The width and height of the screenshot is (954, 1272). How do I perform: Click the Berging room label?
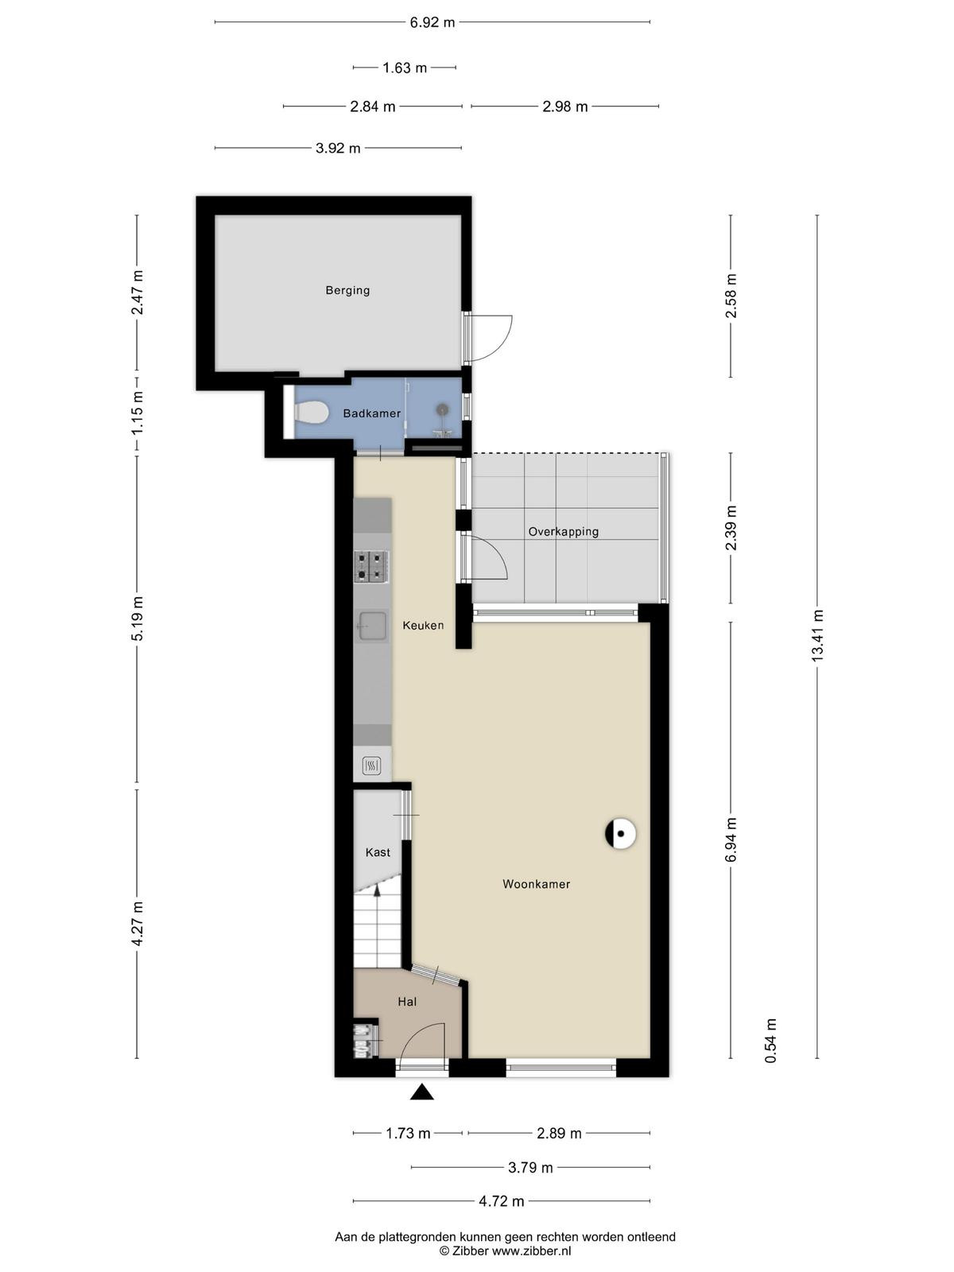tap(347, 290)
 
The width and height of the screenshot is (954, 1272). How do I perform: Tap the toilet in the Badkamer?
tap(311, 413)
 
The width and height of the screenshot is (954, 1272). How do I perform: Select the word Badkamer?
tap(372, 413)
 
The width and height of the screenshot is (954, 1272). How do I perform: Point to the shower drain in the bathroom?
tap(443, 409)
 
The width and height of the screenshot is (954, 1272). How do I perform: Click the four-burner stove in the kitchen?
tap(371, 567)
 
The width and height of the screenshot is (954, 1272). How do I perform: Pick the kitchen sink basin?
tap(372, 626)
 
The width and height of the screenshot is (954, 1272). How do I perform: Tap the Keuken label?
tap(424, 626)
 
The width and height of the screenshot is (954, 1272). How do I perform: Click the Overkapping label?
tap(563, 531)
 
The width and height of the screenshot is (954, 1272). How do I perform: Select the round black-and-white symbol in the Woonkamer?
tap(620, 835)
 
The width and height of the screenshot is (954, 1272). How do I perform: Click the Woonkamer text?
tap(537, 884)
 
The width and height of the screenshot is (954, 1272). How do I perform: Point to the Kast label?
tap(378, 852)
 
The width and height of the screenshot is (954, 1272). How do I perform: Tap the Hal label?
tap(407, 1002)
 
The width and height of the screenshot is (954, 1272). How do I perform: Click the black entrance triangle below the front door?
tap(422, 1092)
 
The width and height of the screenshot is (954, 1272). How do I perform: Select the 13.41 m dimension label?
tap(817, 636)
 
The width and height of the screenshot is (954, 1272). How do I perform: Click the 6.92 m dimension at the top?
tap(432, 22)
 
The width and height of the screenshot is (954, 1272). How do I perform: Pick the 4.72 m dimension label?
tap(502, 1201)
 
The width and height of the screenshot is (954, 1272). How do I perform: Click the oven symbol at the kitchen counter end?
tap(371, 766)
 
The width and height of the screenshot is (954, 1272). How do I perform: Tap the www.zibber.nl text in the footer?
tap(531, 1251)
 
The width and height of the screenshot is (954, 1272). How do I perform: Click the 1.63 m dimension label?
tap(405, 68)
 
